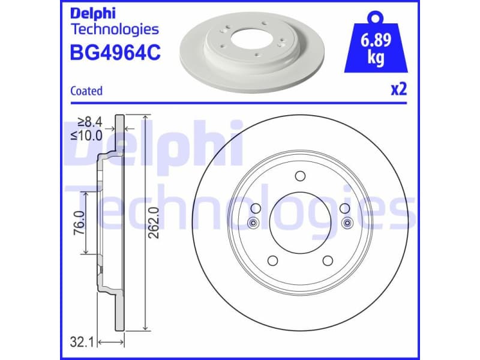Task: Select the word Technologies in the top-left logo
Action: click(115, 29)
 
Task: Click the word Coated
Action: click(86, 91)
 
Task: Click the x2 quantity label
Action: click(398, 90)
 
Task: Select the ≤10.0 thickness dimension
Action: click(87, 136)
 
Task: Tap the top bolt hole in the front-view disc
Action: click(299, 176)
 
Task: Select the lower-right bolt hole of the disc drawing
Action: click(328, 261)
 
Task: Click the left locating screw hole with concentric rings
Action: click(252, 224)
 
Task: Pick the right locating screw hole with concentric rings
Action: click(346, 224)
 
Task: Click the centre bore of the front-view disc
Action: click(299, 223)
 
